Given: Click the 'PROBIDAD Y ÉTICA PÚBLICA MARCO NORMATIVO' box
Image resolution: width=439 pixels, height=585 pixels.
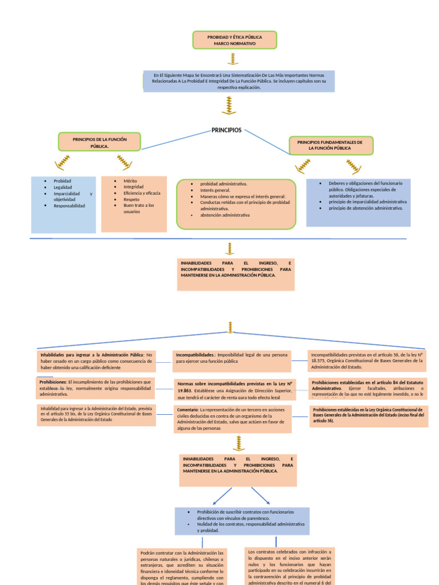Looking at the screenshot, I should [x=234, y=40].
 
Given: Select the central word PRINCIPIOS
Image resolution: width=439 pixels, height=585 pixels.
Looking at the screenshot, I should [x=226, y=130].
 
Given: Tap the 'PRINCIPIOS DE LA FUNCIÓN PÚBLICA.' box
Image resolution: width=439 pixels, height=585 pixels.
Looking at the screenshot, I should [x=99, y=142].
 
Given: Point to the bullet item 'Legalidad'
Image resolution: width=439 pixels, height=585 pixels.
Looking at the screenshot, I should [x=63, y=187].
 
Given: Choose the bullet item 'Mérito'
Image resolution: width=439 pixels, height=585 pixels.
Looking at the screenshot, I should [x=130, y=181].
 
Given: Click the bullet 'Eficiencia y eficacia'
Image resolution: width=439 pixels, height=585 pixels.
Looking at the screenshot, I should [x=142, y=193].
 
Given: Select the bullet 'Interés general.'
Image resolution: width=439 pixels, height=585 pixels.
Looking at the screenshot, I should [x=215, y=190].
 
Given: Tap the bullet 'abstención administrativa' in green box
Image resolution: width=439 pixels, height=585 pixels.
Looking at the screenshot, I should [x=225, y=215].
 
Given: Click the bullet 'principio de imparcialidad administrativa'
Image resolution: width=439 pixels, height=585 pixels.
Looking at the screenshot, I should [x=368, y=202].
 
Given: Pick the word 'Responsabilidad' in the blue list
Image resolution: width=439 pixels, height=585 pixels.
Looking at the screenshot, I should [x=69, y=206].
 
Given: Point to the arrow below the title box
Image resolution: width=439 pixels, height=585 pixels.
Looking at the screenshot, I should [x=233, y=59].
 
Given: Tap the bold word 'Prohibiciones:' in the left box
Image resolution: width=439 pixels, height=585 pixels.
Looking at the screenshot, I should [x=53, y=382].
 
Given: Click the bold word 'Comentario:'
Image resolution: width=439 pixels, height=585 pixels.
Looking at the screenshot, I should [x=187, y=410].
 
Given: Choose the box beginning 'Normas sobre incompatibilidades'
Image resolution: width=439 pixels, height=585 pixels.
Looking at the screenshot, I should [x=234, y=390].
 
